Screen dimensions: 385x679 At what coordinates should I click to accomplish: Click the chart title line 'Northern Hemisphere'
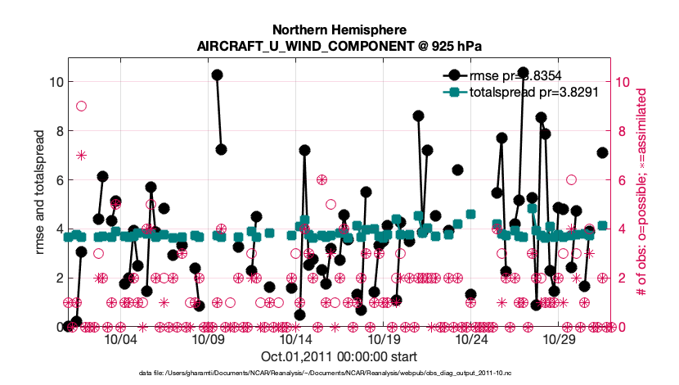[x=339, y=29]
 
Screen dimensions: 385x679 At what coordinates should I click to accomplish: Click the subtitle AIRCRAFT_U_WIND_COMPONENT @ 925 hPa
[x=339, y=46]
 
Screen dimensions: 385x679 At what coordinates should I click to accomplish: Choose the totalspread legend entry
[x=535, y=92]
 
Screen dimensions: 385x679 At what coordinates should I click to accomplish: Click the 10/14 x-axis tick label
[x=295, y=339]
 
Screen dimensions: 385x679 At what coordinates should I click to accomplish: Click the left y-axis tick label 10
[x=54, y=82]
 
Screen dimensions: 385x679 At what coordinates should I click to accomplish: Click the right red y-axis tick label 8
[x=623, y=131]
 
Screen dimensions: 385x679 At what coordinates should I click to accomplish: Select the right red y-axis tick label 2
[x=623, y=278]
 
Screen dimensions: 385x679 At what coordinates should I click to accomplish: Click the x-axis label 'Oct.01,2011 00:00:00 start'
[x=339, y=357]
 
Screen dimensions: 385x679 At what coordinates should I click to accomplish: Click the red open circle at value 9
[x=82, y=106]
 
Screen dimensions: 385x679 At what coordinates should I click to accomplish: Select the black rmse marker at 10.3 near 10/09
[x=217, y=75]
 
